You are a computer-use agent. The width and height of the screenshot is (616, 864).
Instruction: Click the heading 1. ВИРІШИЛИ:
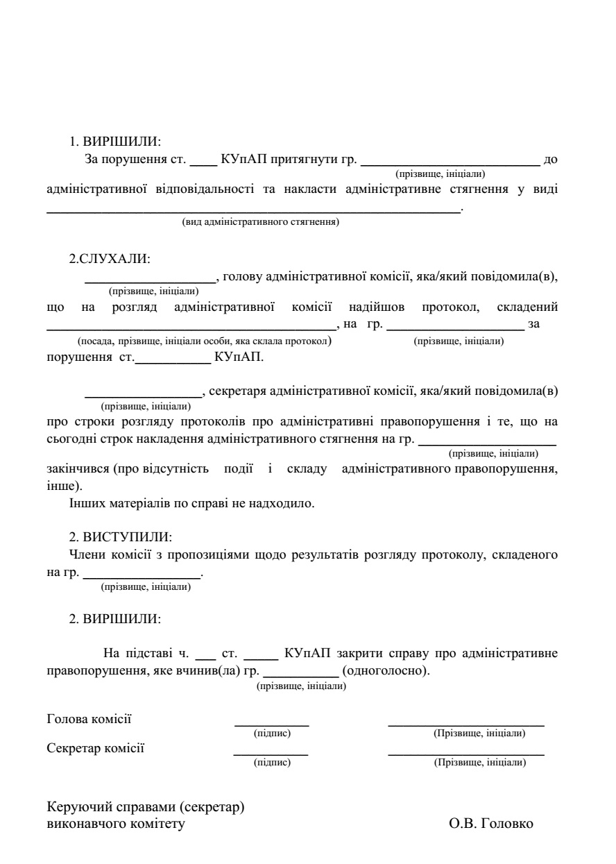click(114, 141)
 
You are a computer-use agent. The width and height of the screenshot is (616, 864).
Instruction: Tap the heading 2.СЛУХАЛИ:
click(110, 259)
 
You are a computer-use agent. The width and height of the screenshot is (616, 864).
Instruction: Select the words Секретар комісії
click(96, 748)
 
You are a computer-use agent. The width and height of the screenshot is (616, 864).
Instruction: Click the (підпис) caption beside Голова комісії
click(272, 733)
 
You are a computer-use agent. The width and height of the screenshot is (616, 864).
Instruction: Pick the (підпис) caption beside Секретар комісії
click(272, 763)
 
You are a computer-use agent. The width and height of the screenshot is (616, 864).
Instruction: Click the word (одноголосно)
click(386, 672)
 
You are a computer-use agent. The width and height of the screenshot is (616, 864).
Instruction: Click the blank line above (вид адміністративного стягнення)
click(253, 211)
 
